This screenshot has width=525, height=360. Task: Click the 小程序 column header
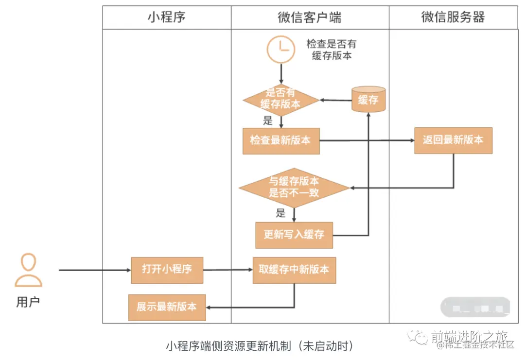point(166,17)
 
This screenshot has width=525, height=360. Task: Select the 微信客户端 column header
point(309,17)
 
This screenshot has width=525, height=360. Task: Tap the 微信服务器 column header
point(453,17)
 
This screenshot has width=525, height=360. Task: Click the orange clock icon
point(281,50)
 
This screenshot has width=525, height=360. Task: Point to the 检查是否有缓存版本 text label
point(332,50)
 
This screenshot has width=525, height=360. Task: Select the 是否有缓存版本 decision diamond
point(280,100)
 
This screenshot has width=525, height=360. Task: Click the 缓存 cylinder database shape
point(368,100)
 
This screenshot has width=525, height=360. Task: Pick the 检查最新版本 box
point(281,141)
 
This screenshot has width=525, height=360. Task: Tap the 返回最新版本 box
point(453,140)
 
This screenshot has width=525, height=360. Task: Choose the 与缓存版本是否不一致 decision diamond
point(294,188)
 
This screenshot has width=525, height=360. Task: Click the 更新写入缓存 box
point(294,235)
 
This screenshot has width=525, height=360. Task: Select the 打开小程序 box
point(167,270)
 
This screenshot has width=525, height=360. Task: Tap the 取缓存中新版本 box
point(294,270)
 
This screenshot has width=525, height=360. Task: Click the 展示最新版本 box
point(167,307)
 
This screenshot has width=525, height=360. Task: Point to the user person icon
point(28,270)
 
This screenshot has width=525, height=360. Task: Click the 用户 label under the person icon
point(28,302)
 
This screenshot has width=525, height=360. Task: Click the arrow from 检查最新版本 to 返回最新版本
point(367,141)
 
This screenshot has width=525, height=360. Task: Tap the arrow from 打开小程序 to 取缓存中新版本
point(227,270)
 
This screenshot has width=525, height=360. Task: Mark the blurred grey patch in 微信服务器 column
point(475,307)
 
